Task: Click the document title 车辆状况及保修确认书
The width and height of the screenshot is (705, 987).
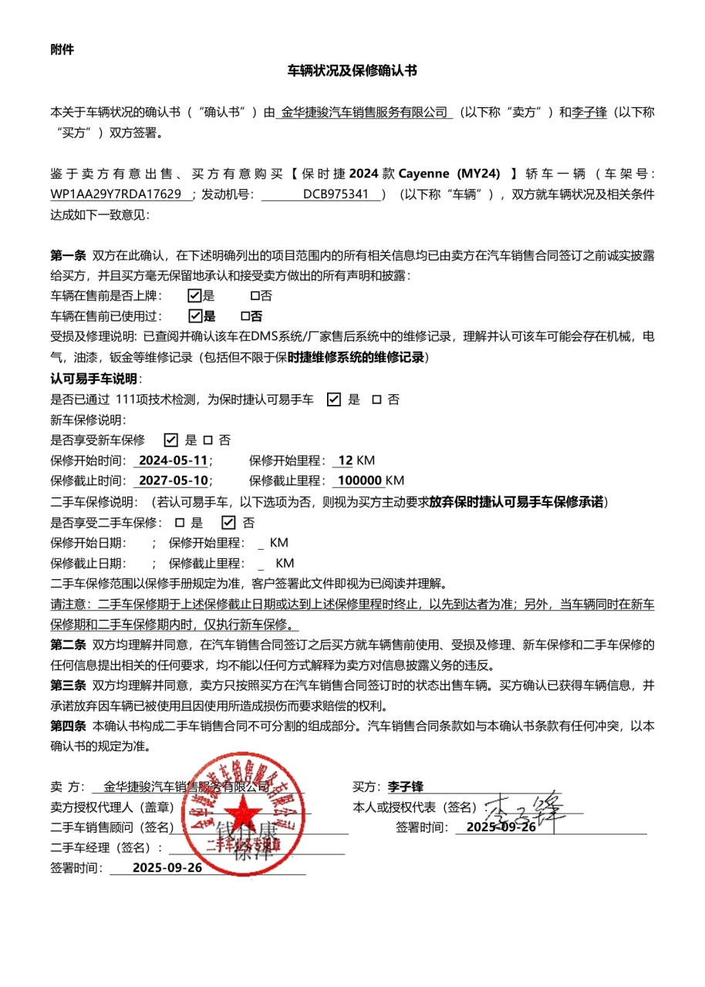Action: pos(352,71)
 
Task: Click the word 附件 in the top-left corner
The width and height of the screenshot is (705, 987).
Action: pos(62,49)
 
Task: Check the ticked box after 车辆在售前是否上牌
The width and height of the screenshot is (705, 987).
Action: pos(195,295)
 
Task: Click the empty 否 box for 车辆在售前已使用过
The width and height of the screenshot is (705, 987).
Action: pos(245,315)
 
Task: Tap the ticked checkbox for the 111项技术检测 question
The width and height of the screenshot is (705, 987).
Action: pos(334,399)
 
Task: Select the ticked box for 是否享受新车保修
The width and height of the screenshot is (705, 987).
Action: pos(171,440)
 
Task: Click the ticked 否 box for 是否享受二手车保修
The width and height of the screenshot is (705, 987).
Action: pos(228,522)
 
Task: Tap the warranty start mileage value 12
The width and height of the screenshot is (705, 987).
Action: pos(345,461)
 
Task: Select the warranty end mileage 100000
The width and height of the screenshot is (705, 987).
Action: pos(359,481)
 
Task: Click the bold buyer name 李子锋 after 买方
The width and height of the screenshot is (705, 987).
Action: pos(405,787)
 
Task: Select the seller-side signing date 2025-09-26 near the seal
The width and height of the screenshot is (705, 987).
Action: pos(167,867)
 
